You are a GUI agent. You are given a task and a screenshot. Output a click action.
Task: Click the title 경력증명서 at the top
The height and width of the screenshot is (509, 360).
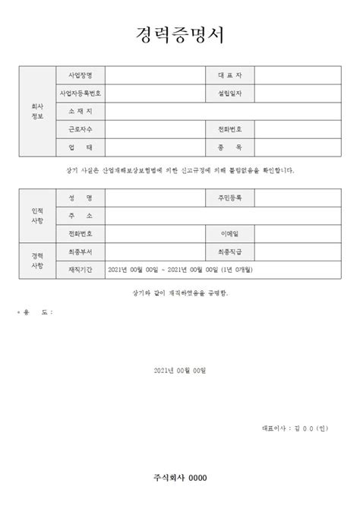pos(179,35)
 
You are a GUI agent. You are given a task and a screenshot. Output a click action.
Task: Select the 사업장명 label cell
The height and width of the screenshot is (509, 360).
pos(81,76)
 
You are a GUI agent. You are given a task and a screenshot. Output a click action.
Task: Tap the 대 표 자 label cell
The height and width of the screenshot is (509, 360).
pos(229,76)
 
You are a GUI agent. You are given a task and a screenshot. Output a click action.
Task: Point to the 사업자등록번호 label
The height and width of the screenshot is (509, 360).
pos(81,93)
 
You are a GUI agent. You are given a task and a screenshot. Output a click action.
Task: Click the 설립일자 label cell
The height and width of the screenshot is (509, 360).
pos(229,93)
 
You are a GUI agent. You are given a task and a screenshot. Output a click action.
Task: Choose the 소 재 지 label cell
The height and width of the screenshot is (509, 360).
pos(81,112)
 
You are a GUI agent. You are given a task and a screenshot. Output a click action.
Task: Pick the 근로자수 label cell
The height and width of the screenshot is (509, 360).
pos(81,130)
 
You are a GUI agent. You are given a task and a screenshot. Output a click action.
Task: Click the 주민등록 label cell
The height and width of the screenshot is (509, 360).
pos(229,198)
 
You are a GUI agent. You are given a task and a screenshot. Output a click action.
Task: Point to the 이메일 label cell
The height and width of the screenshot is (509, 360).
pos(229,233)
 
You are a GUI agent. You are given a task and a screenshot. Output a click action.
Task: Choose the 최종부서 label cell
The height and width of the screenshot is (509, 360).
pos(81,251)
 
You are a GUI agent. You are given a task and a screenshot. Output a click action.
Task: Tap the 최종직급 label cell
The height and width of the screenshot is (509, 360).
pos(229,251)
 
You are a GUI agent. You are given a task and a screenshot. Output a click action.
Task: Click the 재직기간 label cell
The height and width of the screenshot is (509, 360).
pos(81,269)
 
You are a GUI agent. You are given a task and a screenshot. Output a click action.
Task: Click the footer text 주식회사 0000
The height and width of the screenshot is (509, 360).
pos(179,477)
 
